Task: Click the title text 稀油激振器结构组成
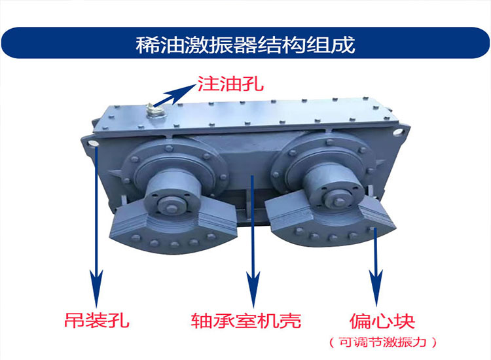click(245, 45)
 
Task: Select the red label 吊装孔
click(98, 321)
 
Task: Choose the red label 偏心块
click(383, 321)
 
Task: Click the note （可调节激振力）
click(382, 341)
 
